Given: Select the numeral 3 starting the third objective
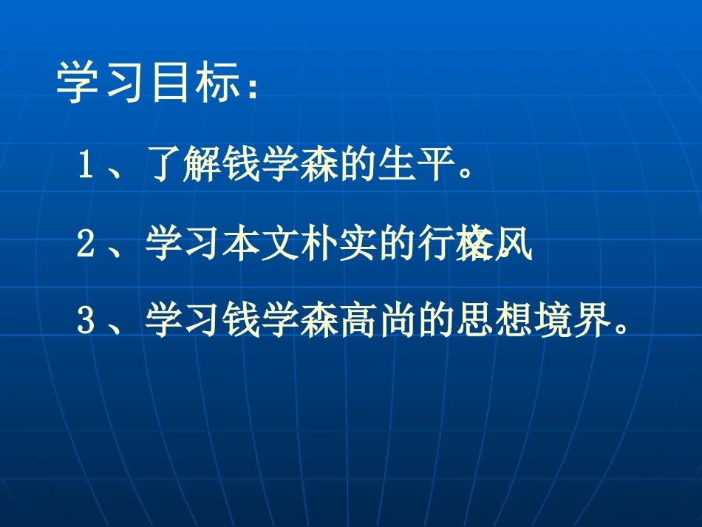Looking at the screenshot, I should [x=85, y=324].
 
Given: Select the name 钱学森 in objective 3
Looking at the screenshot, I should [x=275, y=324].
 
